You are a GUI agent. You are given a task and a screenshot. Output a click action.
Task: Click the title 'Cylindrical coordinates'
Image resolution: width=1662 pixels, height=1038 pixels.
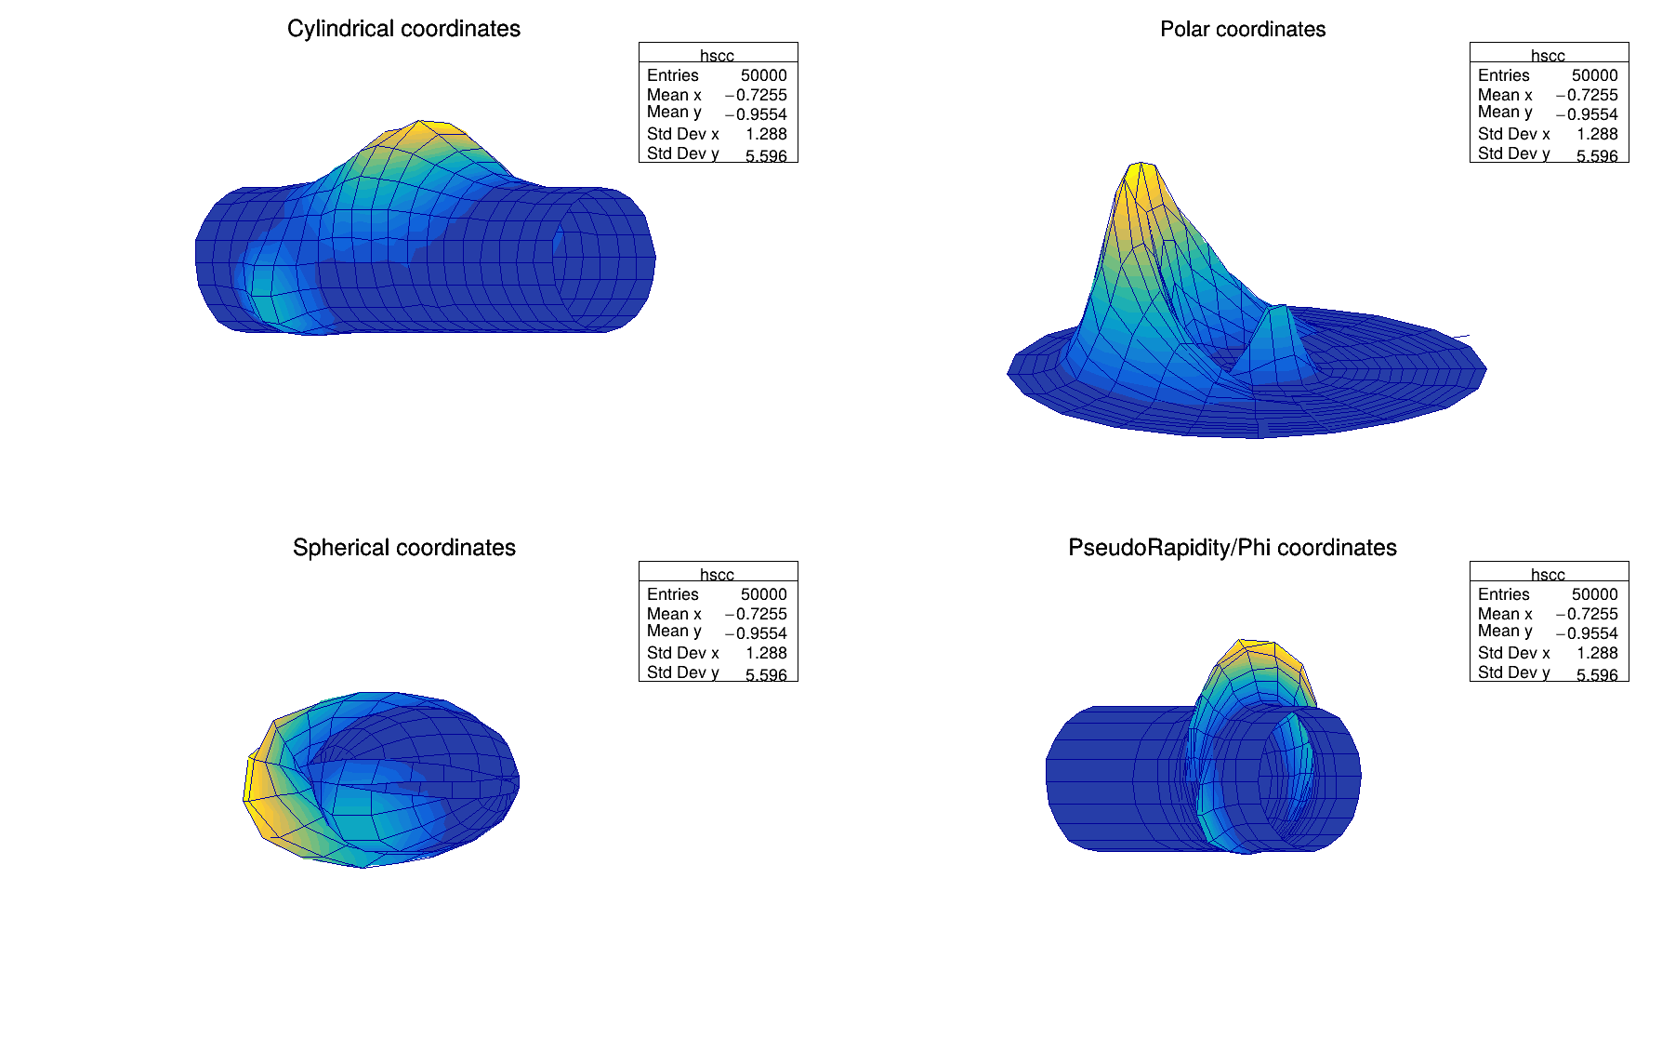[403, 29]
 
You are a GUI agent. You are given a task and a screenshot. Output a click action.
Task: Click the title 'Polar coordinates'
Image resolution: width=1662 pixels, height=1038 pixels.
[1242, 29]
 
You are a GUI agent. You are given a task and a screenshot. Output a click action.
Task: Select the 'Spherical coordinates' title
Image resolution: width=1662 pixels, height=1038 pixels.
[403, 548]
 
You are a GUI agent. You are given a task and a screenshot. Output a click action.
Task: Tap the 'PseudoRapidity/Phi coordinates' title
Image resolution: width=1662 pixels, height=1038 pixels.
[1232, 548]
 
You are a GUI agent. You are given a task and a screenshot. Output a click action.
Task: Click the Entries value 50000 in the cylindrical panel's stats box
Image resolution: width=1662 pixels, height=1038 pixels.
[763, 75]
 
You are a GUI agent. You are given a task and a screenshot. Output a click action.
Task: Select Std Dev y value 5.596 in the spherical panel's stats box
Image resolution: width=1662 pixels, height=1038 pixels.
[766, 674]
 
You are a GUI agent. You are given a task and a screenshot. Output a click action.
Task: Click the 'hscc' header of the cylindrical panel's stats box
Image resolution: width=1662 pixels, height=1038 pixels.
[717, 56]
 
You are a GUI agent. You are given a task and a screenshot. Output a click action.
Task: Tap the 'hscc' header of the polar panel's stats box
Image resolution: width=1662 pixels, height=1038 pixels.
[1548, 56]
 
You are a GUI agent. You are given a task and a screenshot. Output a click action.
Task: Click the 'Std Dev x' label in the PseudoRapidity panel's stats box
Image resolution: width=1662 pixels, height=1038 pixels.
[1513, 653]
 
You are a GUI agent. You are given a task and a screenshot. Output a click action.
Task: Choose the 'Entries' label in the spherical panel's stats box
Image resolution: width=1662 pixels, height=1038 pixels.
[672, 594]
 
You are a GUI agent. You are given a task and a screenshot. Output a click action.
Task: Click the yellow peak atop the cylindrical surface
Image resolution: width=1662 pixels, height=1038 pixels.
[423, 131]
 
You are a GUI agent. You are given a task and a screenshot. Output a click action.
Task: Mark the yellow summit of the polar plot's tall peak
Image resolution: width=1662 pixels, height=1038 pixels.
[1141, 177]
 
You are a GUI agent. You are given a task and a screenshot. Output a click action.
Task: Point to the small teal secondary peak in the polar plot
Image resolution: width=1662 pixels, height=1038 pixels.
[1280, 316]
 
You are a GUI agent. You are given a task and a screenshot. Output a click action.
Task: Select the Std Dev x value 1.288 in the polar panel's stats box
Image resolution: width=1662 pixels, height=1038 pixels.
[1597, 134]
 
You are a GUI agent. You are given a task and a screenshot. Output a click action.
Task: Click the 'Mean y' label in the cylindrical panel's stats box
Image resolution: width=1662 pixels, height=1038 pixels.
[673, 113]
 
